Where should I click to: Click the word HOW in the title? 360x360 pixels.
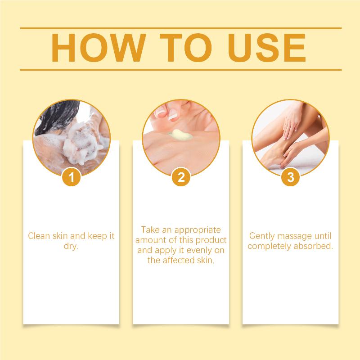pos(99,48)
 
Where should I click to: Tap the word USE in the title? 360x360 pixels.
pos(266,48)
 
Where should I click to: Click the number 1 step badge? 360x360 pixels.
pos(72,177)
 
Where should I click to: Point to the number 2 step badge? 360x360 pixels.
pos(181,177)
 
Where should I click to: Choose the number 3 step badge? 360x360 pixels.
pos(291,177)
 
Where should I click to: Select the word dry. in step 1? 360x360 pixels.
pos(71,246)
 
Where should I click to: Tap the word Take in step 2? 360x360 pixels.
pos(150,229)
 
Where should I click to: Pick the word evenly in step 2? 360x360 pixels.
pos(199,250)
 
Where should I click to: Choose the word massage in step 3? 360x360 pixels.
pos(293,236)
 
